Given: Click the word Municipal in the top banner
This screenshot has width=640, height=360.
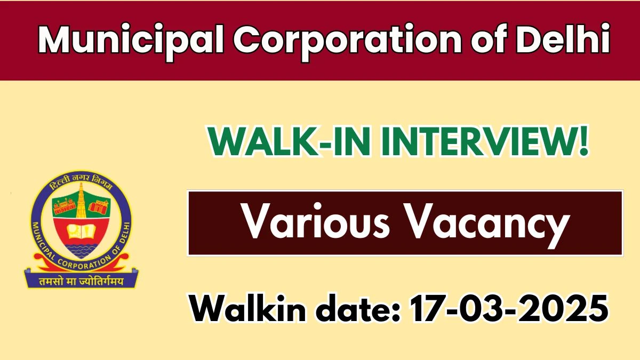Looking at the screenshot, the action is click(131, 41).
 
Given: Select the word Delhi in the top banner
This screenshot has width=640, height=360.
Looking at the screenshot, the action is click(563, 38).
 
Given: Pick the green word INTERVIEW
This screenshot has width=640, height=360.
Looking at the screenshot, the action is click(481, 141).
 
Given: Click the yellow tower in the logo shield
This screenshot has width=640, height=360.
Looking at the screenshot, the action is click(81, 201).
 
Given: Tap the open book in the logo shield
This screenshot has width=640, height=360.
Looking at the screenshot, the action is click(81, 231).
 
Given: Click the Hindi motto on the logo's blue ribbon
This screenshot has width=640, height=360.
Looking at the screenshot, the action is click(81, 282).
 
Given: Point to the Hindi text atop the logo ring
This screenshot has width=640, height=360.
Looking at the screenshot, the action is click(81, 182).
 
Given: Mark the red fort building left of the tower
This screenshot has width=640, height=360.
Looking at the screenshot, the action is click(64, 206).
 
